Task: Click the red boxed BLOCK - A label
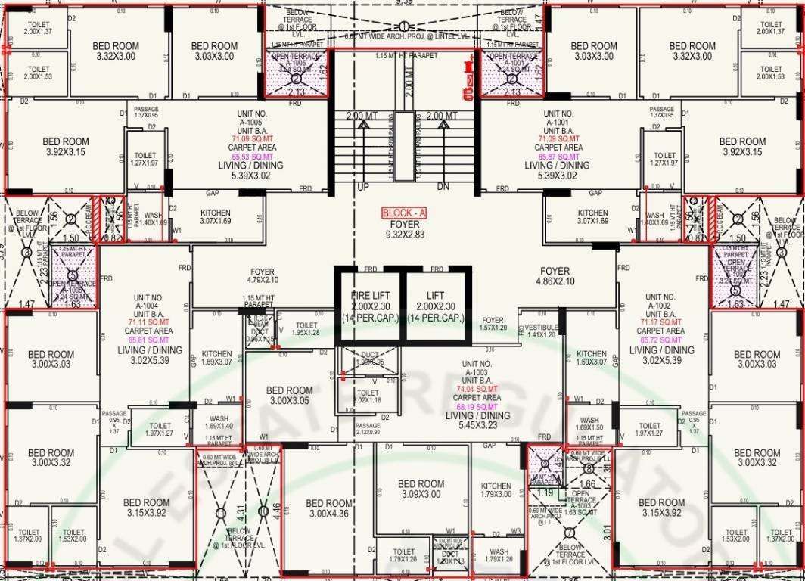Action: (x=404, y=213)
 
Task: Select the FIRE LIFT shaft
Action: (x=369, y=306)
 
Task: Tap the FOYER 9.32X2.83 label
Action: (x=404, y=230)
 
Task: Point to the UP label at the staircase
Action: (x=362, y=186)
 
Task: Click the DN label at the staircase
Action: (x=443, y=186)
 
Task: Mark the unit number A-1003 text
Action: (x=478, y=371)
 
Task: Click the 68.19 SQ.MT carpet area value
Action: (x=478, y=405)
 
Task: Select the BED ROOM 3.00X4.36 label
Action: (x=330, y=508)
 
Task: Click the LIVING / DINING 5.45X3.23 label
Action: (x=478, y=421)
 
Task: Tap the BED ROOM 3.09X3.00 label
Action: (x=421, y=489)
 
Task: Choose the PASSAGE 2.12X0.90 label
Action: (x=368, y=429)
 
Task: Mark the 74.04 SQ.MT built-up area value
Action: (x=478, y=389)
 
